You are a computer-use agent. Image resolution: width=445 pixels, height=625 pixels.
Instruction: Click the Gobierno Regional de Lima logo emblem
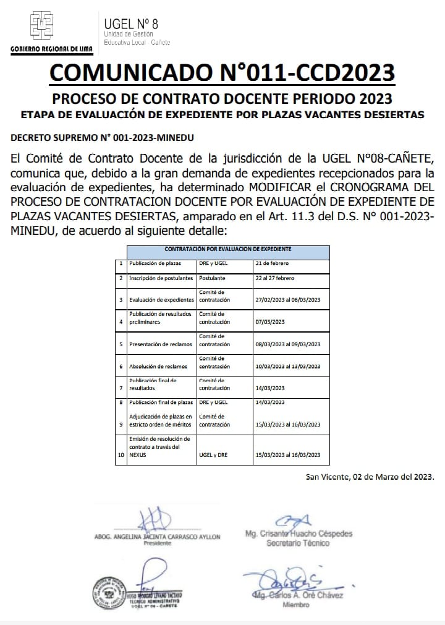(x=42, y=26)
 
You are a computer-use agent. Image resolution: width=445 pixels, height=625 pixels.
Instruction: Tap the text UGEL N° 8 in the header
(x=131, y=23)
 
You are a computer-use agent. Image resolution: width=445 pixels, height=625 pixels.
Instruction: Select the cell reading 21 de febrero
(x=272, y=263)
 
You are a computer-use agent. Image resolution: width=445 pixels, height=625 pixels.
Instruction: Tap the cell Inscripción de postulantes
(x=161, y=278)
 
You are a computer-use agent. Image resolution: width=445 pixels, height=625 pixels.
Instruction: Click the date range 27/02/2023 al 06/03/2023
(x=287, y=300)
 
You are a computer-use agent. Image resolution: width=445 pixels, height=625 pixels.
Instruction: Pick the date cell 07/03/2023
(x=269, y=322)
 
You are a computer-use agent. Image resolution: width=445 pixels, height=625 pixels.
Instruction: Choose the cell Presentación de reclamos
(x=160, y=344)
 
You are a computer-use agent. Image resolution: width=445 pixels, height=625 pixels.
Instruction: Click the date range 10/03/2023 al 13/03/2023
(x=287, y=367)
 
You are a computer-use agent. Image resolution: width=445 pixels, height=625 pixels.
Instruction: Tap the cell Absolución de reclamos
(x=158, y=367)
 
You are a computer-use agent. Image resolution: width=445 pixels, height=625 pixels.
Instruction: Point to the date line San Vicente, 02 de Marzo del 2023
(x=370, y=477)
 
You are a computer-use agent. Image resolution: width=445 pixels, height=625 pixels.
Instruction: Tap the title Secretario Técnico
(x=298, y=543)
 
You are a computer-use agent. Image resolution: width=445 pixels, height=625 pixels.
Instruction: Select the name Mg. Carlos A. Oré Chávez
(x=299, y=595)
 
